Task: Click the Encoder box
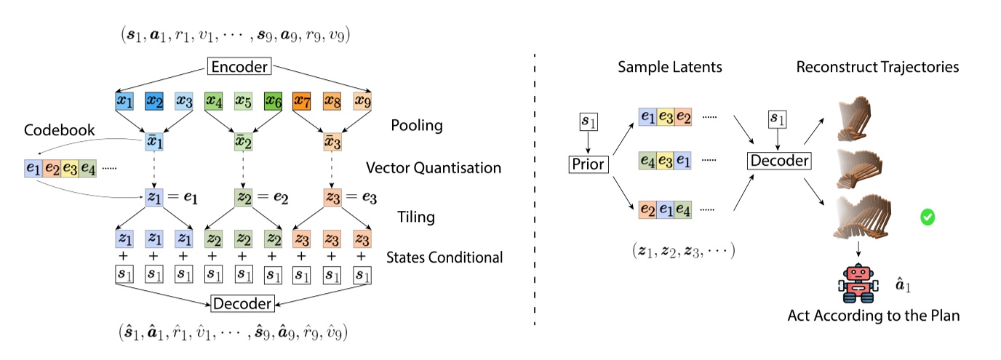pyautogui.click(x=239, y=67)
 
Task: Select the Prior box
pyautogui.click(x=588, y=164)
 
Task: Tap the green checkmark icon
pyautogui.click(x=928, y=217)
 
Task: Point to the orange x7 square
pyautogui.click(x=302, y=101)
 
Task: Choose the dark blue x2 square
pyautogui.click(x=154, y=101)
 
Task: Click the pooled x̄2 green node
pyautogui.click(x=243, y=142)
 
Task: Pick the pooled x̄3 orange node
pyautogui.click(x=332, y=142)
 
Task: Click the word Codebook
pyautogui.click(x=59, y=130)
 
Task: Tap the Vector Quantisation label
pyautogui.click(x=434, y=167)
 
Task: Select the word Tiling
pyautogui.click(x=416, y=217)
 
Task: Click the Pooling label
pyautogui.click(x=417, y=126)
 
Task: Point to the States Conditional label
pyautogui.click(x=444, y=257)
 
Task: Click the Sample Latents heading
pyautogui.click(x=670, y=67)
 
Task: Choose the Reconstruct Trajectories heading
pyautogui.click(x=877, y=67)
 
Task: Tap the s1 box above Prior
pyautogui.click(x=589, y=121)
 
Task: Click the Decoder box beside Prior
pyautogui.click(x=779, y=161)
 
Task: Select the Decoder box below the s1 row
pyautogui.click(x=242, y=304)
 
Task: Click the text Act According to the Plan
pyautogui.click(x=874, y=316)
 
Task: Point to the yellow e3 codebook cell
pyautogui.click(x=70, y=169)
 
